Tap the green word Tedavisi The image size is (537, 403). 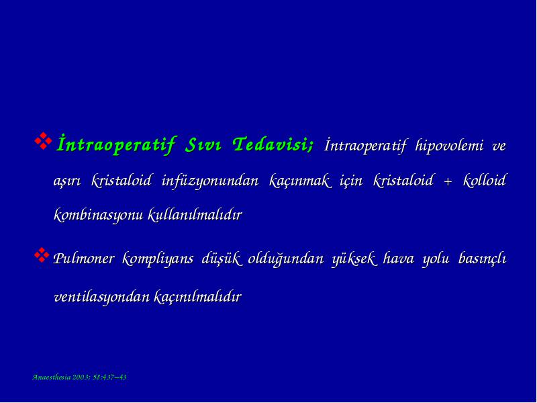[273, 144]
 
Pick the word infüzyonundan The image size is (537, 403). [209, 181]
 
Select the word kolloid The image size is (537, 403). [484, 180]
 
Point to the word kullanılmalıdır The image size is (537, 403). [195, 215]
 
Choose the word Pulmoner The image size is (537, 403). [83, 259]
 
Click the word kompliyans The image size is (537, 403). [157, 259]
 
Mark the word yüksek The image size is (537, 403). [354, 259]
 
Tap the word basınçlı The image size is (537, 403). [482, 259]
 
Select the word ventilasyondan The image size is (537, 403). [102, 297]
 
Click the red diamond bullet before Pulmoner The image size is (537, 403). [42, 255]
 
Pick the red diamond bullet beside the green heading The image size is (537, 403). [43, 141]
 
